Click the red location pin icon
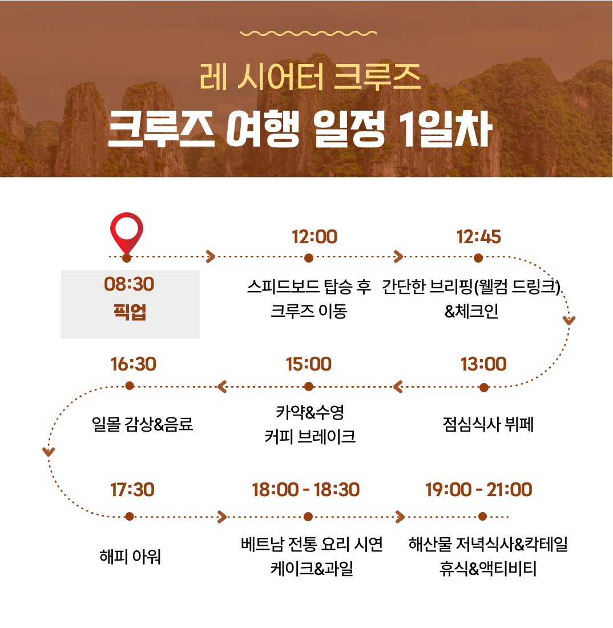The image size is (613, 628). pyautogui.click(x=127, y=234)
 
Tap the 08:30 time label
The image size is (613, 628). pyautogui.click(x=129, y=284)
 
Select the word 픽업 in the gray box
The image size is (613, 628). pyautogui.click(x=130, y=312)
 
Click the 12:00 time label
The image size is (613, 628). pyautogui.click(x=314, y=237)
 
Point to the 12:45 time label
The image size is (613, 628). pyautogui.click(x=479, y=237)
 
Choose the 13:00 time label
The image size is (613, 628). pyautogui.click(x=483, y=364)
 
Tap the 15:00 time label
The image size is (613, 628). pyautogui.click(x=309, y=364)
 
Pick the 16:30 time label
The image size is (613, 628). pyautogui.click(x=134, y=364)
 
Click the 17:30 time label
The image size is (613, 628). pyautogui.click(x=132, y=490)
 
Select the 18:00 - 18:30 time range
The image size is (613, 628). pyautogui.click(x=306, y=490)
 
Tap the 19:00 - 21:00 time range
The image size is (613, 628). pyautogui.click(x=479, y=489)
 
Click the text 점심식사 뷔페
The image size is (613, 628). pyautogui.click(x=488, y=424)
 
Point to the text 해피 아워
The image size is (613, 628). pyautogui.click(x=130, y=556)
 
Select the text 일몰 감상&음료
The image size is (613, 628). pyautogui.click(x=143, y=424)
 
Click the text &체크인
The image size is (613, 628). pyautogui.click(x=471, y=311)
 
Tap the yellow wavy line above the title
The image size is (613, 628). pyautogui.click(x=308, y=33)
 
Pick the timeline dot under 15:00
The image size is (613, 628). pyautogui.click(x=309, y=387)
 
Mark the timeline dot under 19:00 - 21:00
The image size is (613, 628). pyautogui.click(x=482, y=517)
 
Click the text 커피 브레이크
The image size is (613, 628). pyautogui.click(x=310, y=437)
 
